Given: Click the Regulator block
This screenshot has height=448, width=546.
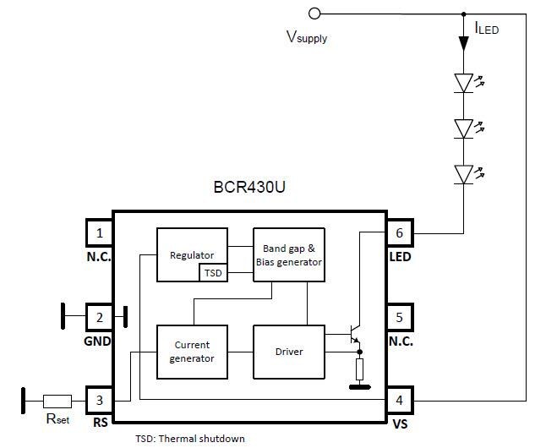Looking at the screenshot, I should pos(192,254).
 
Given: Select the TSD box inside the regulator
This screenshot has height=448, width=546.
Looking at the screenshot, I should pos(212,273).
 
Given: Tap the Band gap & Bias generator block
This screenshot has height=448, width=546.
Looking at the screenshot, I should pos(288,254).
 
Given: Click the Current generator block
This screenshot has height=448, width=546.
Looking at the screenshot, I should pos(192,352).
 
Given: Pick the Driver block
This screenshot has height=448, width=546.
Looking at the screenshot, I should pos(288,352).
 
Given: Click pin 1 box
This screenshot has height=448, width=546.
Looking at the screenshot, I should pos(100,232).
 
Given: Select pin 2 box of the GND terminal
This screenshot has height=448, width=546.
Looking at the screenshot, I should pos(100,318).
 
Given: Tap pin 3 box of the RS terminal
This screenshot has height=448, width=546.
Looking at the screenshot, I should pos(100,401).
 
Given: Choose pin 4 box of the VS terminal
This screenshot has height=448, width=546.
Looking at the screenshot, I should pos(400,401).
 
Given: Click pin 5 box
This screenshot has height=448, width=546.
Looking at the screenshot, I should pos(400,318).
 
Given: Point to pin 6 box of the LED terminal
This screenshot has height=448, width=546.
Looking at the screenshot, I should pos(400,232).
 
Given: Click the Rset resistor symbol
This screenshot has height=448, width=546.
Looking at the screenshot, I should pos(57,401).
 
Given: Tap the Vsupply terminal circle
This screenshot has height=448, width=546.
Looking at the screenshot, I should pos(314,13).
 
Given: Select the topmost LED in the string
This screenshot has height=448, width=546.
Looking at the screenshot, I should pos(463,82).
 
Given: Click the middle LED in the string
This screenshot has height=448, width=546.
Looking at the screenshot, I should pos(463,128).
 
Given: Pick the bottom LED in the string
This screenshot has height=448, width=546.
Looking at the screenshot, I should pos(463,173).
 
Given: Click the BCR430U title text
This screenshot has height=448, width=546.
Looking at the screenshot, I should pos(250,188).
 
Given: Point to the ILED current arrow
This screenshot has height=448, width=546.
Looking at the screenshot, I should pos(463,41).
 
